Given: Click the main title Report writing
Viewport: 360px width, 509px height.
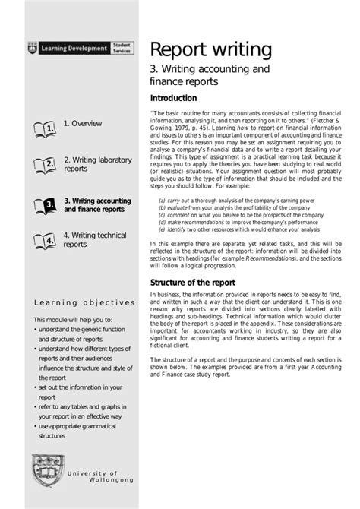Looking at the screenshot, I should (x=210, y=49).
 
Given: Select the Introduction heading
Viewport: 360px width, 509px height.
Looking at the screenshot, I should (x=174, y=98).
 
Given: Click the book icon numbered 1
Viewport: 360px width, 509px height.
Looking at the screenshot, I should (x=45, y=129).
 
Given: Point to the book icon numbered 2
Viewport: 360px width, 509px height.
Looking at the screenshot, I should (x=45, y=164).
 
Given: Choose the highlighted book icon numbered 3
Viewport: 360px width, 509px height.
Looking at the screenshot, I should (x=45, y=204).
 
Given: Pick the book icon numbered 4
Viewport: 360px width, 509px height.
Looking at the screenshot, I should (x=45, y=240).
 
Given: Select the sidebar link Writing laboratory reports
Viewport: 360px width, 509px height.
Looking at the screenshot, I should (x=88, y=164).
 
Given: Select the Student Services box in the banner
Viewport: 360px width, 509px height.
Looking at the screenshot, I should (x=122, y=48).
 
